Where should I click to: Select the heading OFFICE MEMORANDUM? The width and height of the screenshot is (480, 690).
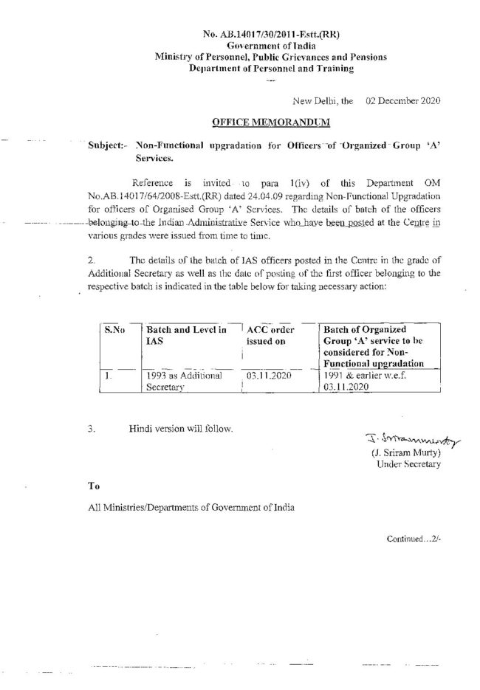pos(270,120)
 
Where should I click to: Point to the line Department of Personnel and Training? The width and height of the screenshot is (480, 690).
pos(271,68)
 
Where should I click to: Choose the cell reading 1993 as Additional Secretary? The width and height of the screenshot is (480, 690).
pos(185,380)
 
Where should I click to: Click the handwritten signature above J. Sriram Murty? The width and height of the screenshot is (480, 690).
pos(398,438)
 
